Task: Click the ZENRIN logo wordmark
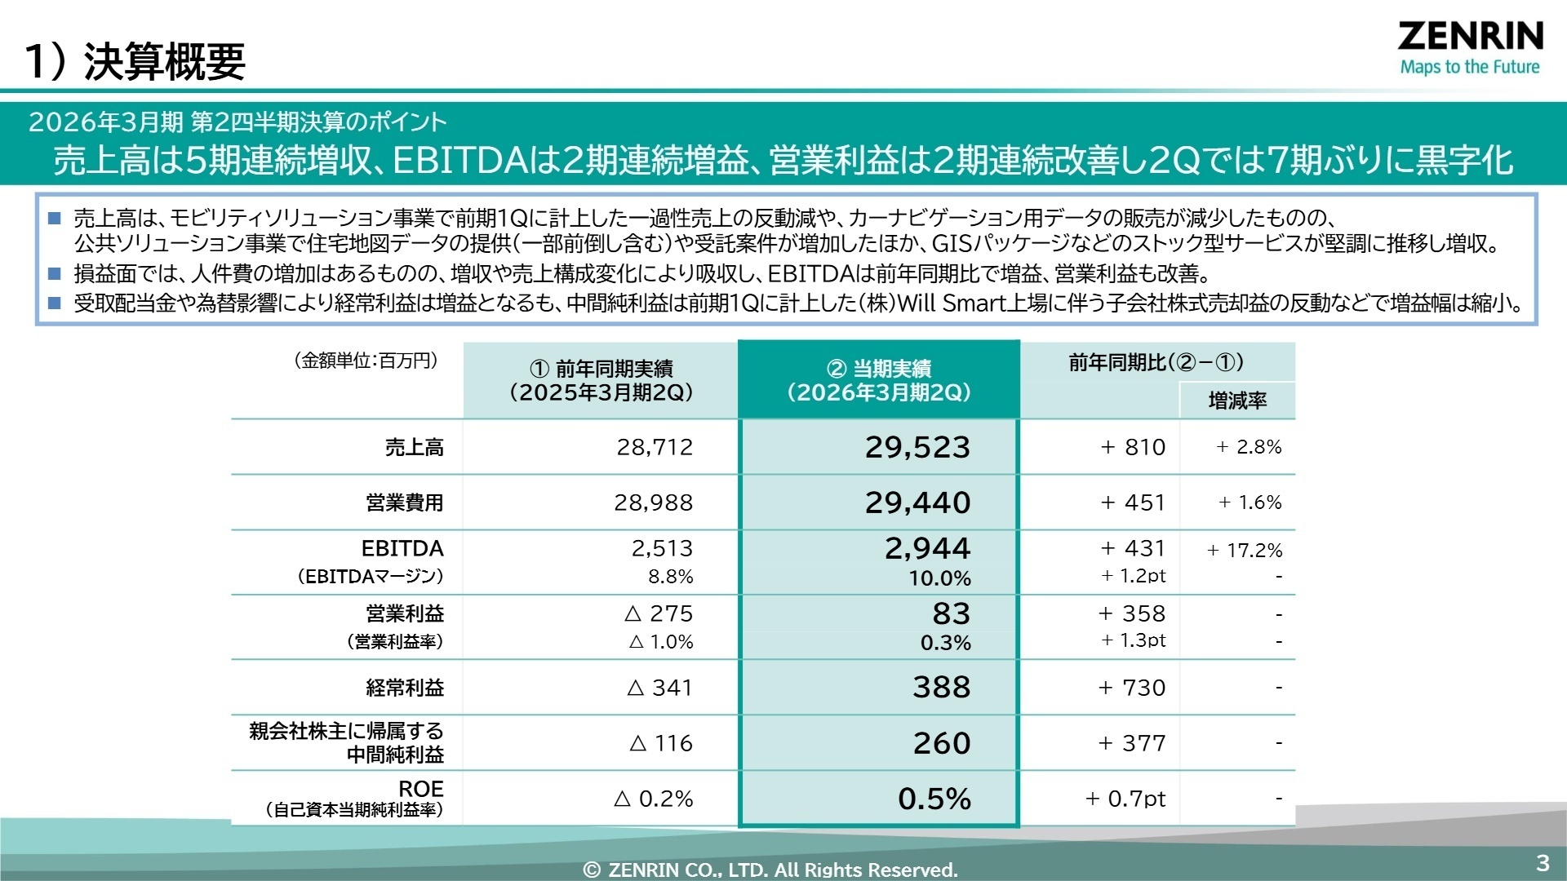click(x=1470, y=37)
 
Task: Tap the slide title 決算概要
click(x=164, y=61)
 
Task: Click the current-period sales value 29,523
click(x=917, y=447)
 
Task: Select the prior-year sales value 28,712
click(x=655, y=447)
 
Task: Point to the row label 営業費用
click(x=405, y=502)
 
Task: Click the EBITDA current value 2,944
click(x=928, y=548)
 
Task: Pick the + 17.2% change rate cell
click(x=1245, y=551)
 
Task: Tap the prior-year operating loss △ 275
click(x=659, y=613)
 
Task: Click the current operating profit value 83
click(x=952, y=613)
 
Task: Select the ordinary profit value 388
click(x=942, y=687)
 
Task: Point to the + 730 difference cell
click(x=1132, y=688)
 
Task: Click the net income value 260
click(x=942, y=743)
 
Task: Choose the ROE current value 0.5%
click(x=934, y=799)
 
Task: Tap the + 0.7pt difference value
click(x=1125, y=799)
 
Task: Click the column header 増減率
click(x=1237, y=401)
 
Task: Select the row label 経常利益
click(x=405, y=688)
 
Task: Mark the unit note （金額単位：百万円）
click(x=366, y=361)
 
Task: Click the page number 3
click(x=1542, y=863)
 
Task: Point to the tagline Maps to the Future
click(x=1470, y=67)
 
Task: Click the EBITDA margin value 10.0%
click(x=939, y=578)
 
